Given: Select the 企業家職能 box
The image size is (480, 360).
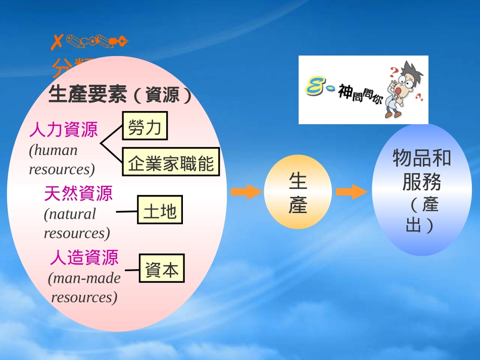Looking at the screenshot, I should (171, 162).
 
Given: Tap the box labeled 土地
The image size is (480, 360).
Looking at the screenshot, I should (160, 210).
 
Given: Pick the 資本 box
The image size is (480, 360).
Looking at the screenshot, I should (162, 268).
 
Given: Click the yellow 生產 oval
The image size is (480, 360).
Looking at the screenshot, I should (298, 192).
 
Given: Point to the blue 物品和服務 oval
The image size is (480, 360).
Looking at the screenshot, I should (421, 190).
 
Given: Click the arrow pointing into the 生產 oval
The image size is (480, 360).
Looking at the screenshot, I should (246, 192).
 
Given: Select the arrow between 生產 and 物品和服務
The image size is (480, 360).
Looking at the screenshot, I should (351, 192).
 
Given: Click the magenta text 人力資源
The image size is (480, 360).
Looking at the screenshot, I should (63, 130).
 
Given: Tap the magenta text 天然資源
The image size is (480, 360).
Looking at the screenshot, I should (78, 193).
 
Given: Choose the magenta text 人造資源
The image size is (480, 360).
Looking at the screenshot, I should (84, 258).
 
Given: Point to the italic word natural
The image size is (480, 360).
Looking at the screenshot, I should (70, 214).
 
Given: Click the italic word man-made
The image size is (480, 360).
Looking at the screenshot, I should (84, 278).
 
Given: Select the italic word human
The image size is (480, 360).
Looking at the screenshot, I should (54, 150).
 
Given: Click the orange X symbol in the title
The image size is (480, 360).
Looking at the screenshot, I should (58, 42).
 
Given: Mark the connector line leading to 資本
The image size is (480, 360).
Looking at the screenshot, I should (132, 270).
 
